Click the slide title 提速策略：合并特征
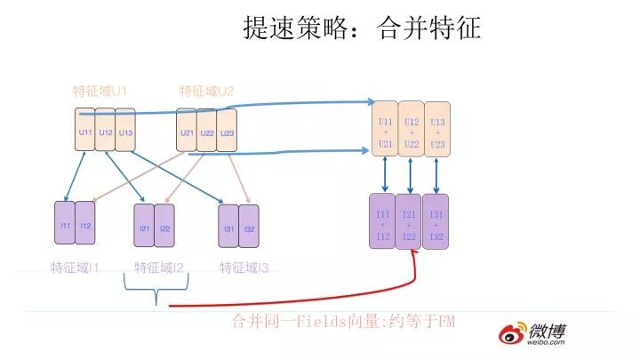[x=362, y=28]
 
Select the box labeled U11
[x=84, y=132]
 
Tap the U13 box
[x=125, y=132]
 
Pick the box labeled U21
[x=187, y=132]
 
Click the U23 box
[x=228, y=132]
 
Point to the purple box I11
[x=65, y=226]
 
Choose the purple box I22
[x=165, y=228]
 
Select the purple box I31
[x=229, y=228]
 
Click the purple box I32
[x=249, y=228]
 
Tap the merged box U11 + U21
[x=386, y=132]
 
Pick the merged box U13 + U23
[x=436, y=132]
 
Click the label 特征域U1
[x=100, y=91]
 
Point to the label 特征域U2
[x=206, y=91]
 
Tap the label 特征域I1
[x=75, y=267]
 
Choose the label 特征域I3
[x=244, y=267]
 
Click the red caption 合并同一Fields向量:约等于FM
[x=342, y=321]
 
